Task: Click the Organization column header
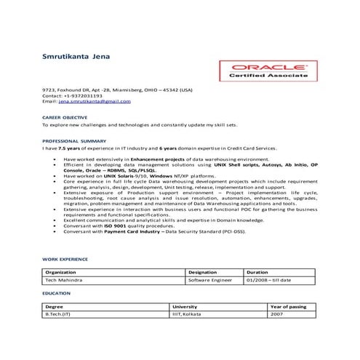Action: (x=63, y=271)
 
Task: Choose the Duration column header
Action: (x=258, y=271)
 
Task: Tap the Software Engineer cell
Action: (x=211, y=279)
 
